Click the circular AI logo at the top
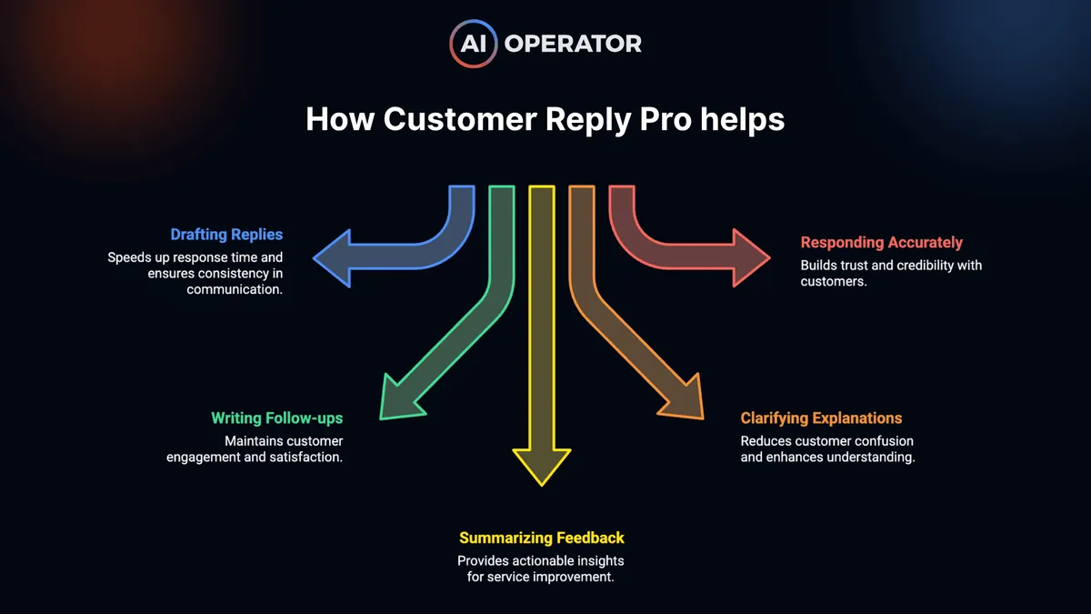[x=473, y=43]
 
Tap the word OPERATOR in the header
[x=573, y=43]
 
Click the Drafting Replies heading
[x=226, y=236]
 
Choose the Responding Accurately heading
[x=881, y=243]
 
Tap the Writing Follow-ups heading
[x=276, y=418]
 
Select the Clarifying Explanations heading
[x=821, y=418]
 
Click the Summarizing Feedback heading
[x=542, y=538]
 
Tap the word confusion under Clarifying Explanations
[x=878, y=441]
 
